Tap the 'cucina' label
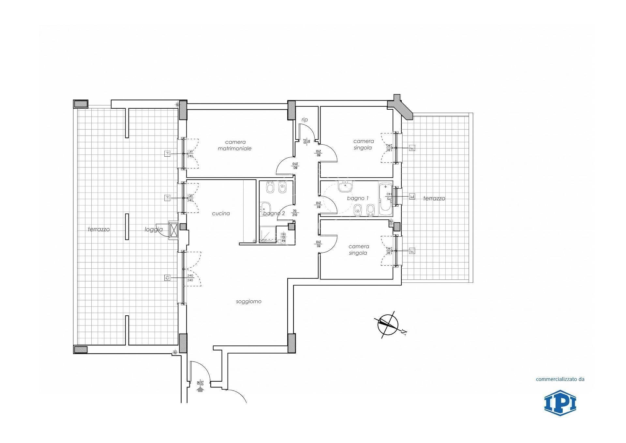[x=221, y=214]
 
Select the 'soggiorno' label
[x=249, y=302]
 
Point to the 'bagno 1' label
[x=358, y=198]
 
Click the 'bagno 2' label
[x=274, y=214]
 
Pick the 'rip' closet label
[x=305, y=120]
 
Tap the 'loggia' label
[x=154, y=229]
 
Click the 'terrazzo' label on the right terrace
[x=434, y=198]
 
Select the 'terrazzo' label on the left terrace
[x=99, y=229]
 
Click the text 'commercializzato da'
[x=560, y=379]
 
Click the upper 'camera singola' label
[x=363, y=144]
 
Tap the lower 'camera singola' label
[x=358, y=250]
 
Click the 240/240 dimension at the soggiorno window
[x=190, y=278]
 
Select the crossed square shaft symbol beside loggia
[x=173, y=230]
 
